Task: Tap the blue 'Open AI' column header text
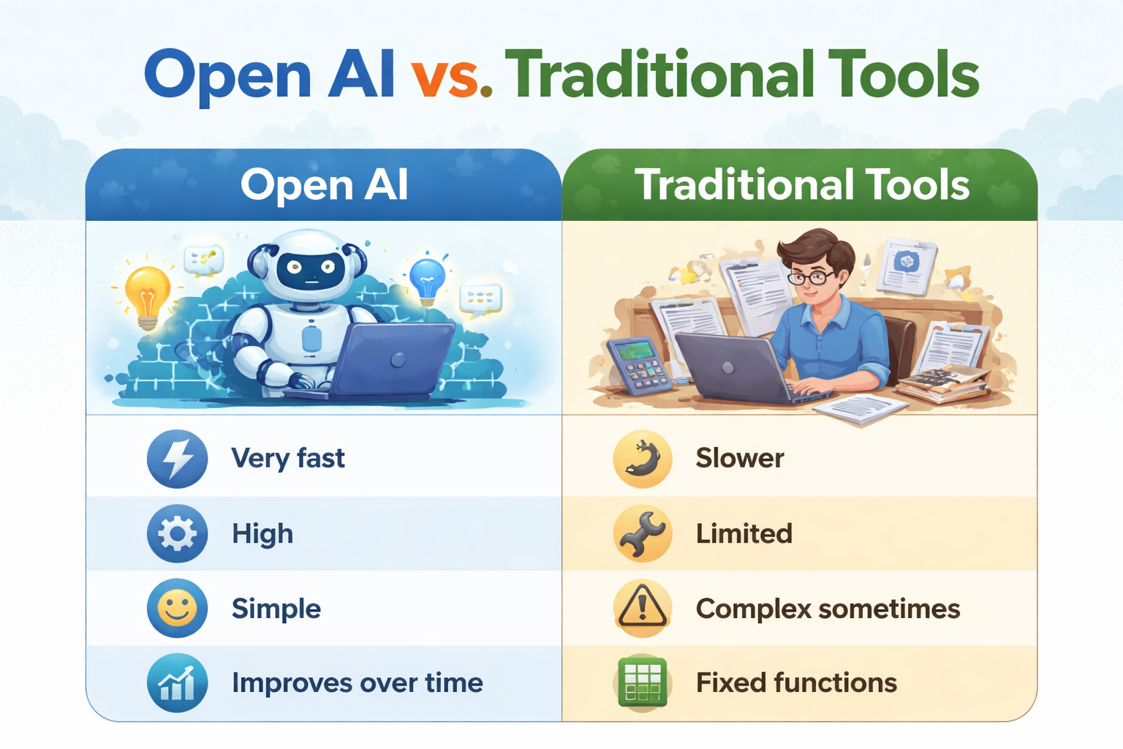coord(324,184)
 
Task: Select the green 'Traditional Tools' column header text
coord(802,184)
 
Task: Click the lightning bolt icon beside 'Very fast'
coord(177,459)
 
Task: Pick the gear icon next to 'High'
coord(177,533)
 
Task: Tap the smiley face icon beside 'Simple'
coord(177,608)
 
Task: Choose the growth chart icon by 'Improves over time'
coord(177,683)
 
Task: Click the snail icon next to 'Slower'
coord(643,459)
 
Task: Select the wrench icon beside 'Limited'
coord(643,533)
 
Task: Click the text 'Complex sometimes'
coord(828,609)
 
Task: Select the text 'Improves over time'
coord(357,683)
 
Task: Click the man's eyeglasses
coord(812,277)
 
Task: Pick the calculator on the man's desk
coord(639,366)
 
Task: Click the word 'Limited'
coord(744,534)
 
